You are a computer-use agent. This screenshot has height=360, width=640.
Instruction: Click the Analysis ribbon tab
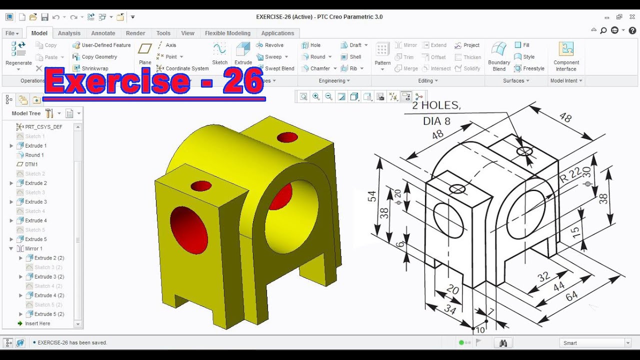tap(69, 33)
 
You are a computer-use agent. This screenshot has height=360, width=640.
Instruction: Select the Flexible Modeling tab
tap(227, 33)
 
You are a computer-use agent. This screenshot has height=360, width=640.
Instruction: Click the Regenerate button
tap(18, 54)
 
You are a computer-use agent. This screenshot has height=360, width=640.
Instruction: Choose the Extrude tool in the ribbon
tap(243, 53)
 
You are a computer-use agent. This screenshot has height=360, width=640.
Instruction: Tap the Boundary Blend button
tap(499, 56)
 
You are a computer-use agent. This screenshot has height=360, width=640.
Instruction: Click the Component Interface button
tap(566, 56)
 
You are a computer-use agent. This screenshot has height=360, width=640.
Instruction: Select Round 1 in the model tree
tap(34, 155)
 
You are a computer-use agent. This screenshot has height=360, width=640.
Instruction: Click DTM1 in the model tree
tap(31, 164)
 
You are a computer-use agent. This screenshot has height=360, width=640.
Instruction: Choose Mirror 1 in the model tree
tap(33, 248)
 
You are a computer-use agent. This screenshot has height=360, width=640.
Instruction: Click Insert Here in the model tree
tap(37, 323)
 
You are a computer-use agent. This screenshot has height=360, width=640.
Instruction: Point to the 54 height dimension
tap(372, 196)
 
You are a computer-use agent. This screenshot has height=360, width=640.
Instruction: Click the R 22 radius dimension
tap(569, 175)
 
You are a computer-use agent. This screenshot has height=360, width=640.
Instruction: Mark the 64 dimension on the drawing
tap(571, 296)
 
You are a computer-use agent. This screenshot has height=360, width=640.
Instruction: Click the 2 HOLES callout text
tap(435, 105)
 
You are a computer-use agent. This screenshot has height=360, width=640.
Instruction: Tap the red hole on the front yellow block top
tap(201, 186)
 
